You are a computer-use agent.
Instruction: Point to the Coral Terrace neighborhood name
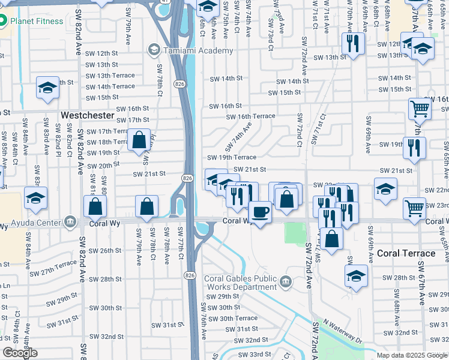coord(406,253)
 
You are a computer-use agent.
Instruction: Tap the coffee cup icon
coord(260,212)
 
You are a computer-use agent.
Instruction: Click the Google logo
coord(20,353)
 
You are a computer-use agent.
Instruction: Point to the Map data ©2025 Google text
coord(412,355)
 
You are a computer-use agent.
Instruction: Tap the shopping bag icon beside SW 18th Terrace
coord(139,140)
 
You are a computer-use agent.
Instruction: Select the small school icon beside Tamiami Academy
coord(154,49)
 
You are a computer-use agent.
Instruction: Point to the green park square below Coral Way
coord(294,234)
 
